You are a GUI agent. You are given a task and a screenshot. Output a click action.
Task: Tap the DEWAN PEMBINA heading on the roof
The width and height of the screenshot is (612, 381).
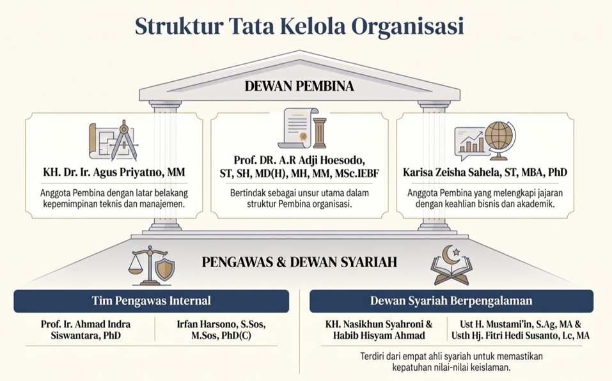tap(299, 86)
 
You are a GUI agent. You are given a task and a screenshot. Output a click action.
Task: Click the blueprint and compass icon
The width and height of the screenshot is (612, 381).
tap(113, 141)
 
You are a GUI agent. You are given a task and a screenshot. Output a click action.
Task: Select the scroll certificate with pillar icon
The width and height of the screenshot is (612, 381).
tap(302, 128)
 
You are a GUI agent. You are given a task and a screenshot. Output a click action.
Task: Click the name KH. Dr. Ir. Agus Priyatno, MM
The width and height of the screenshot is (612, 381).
tap(114, 173)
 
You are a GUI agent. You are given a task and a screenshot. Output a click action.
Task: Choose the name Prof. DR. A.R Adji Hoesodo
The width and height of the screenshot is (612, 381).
tap(299, 160)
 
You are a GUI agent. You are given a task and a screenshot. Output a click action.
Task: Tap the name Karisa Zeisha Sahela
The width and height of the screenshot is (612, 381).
tap(451, 173)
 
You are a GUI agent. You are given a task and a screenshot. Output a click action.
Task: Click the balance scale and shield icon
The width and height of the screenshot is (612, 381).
tap(152, 265)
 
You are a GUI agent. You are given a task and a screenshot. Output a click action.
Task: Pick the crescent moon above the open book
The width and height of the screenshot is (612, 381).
tap(449, 254)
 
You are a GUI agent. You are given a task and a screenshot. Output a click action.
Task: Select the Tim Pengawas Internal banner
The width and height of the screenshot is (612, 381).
tap(152, 300)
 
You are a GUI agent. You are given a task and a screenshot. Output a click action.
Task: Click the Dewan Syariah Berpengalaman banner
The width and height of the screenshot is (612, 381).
tap(451, 300)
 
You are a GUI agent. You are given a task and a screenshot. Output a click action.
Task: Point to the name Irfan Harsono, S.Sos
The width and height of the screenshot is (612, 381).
tap(221, 324)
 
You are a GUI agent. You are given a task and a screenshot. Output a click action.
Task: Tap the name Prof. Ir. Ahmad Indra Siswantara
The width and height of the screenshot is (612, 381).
tap(86, 330)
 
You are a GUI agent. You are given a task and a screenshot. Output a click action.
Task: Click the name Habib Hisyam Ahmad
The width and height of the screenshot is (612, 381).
tap(379, 336)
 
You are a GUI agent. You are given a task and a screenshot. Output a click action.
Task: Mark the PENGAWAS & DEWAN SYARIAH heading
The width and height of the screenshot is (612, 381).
tap(299, 261)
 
